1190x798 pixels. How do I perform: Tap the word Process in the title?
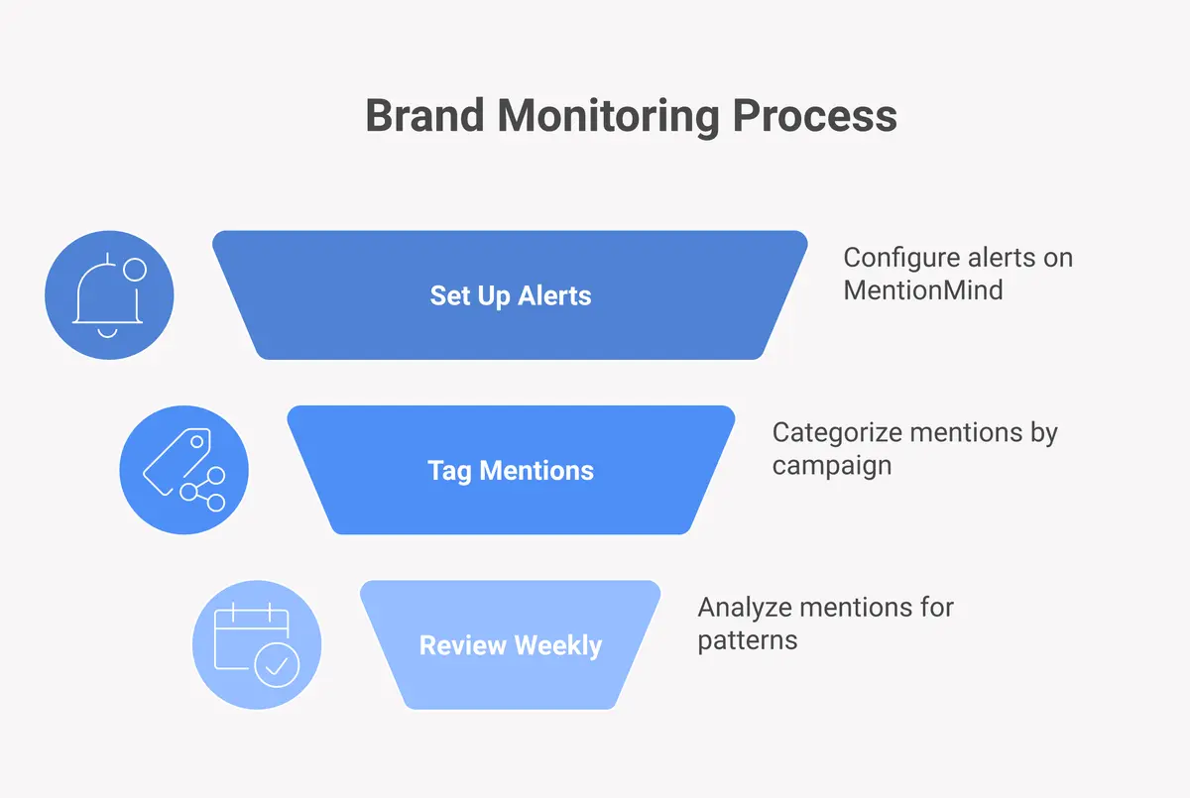click(x=814, y=116)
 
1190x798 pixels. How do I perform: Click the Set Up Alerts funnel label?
click(x=510, y=295)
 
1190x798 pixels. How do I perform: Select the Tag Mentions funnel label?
click(x=510, y=470)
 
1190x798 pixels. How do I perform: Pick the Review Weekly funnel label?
click(x=510, y=645)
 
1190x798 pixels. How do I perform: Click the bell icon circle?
click(x=109, y=294)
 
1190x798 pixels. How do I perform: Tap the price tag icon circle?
click(x=183, y=470)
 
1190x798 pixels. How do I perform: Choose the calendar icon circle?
click(x=256, y=644)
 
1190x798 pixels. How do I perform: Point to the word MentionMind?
click(x=922, y=290)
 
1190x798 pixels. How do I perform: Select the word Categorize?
click(x=835, y=433)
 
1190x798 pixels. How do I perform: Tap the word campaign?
click(x=831, y=466)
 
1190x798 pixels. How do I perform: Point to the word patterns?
click(x=747, y=640)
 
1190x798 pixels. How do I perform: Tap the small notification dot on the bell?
click(x=134, y=269)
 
